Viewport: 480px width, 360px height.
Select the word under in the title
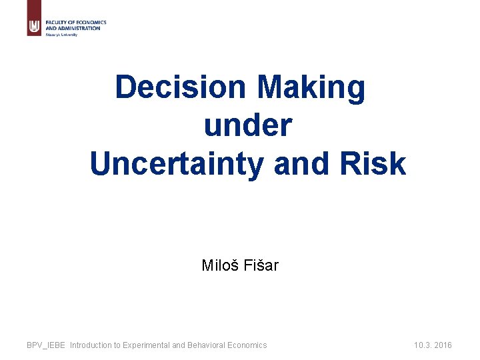pos(247,125)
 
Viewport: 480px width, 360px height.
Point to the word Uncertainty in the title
pos(177,163)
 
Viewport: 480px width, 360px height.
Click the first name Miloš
pos(217,265)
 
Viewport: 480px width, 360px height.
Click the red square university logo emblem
pos(34,27)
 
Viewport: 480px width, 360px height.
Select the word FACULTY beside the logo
pos(55,23)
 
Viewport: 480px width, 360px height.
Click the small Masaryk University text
pos(61,35)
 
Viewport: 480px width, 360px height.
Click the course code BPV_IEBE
pos(46,345)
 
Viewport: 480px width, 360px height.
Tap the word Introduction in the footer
pos(93,345)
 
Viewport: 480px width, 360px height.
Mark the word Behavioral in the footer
pos(208,345)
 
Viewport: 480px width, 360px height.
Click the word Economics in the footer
pos(248,345)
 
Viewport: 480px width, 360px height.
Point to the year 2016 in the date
pos(442,345)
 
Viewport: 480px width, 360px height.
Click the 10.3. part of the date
pos(422,345)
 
